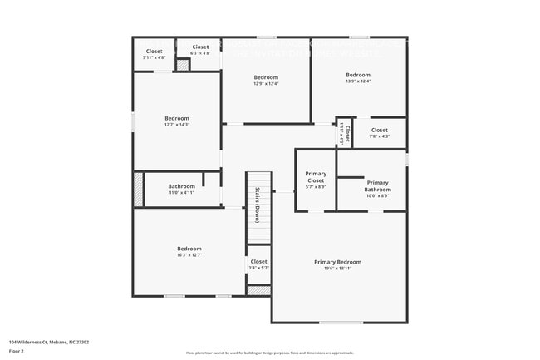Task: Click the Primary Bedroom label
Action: (337, 262)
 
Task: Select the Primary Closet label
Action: (316, 177)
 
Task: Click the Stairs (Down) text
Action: (258, 205)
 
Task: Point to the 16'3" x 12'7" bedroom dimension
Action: (189, 255)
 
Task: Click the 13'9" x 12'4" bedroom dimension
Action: (358, 81)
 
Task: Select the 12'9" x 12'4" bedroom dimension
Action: (266, 83)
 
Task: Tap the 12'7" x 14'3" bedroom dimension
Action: (176, 125)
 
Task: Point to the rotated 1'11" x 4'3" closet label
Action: (343, 133)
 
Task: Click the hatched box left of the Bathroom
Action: (139, 189)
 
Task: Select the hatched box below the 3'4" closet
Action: (259, 290)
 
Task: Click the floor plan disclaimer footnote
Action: (270, 353)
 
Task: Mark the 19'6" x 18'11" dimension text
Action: (337, 269)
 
